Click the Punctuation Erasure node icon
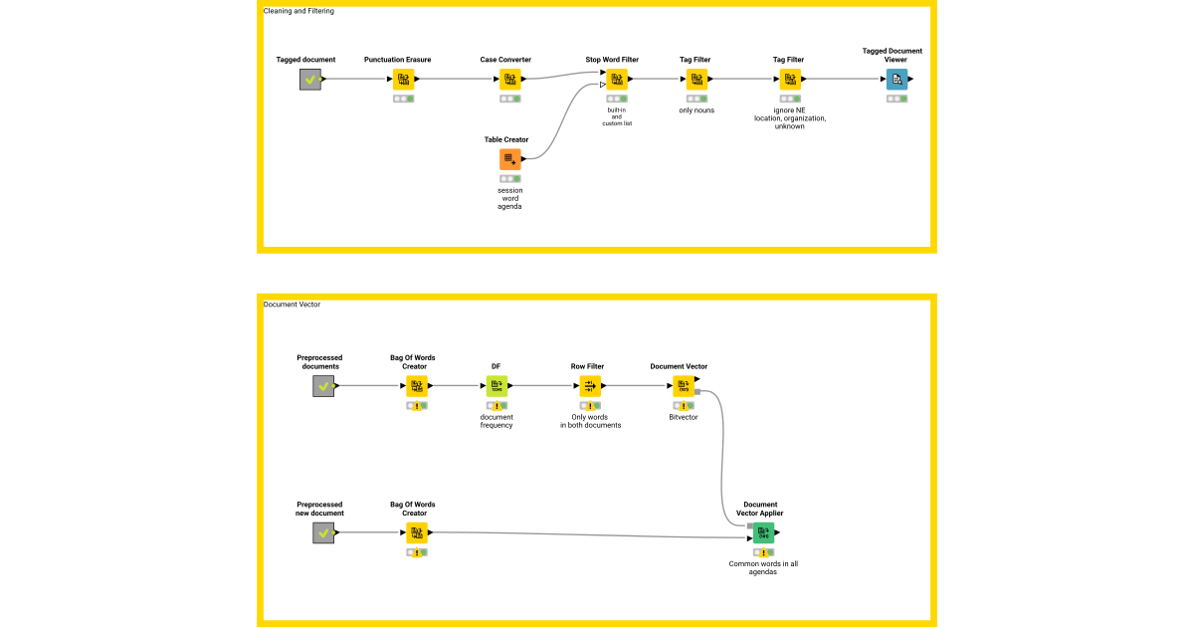pos(403,80)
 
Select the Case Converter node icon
pos(510,80)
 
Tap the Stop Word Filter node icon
pos(617,80)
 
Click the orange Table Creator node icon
pos(510,159)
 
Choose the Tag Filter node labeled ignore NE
pos(790,80)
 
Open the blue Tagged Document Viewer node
pos(897,80)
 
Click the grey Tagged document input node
pos(310,80)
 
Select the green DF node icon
pos(497,386)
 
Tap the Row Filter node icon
pos(590,386)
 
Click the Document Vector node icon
pos(684,386)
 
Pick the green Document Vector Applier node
pos(763,532)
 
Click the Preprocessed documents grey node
pos(323,386)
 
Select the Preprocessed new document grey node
pos(323,533)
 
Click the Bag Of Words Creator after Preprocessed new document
pos(417,533)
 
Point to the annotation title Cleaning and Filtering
pos(298,11)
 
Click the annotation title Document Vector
pos(292,305)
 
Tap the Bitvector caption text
pos(684,417)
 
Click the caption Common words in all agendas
pos(763,567)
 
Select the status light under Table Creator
pos(510,179)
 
